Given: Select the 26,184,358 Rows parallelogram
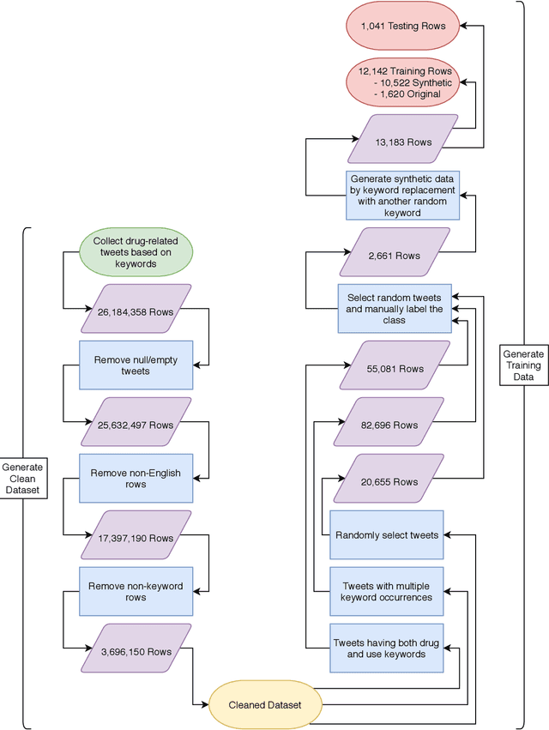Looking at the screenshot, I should [x=136, y=312].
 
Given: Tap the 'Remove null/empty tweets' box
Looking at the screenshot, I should [x=136, y=365].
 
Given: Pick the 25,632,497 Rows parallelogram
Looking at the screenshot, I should [x=136, y=425].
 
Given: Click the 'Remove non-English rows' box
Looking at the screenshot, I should [x=136, y=478].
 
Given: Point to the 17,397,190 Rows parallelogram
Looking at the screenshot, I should [x=136, y=538].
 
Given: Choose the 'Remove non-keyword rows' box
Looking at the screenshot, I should [x=136, y=591].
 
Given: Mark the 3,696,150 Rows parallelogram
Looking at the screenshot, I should [x=136, y=651].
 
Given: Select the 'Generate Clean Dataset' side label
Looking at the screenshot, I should [x=21, y=479].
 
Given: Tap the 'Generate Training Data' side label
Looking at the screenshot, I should [x=523, y=365].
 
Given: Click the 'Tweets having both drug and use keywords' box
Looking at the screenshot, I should [x=387, y=648].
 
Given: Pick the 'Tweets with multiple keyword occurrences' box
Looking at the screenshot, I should [x=387, y=591].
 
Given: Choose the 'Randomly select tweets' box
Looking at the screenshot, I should [x=387, y=534].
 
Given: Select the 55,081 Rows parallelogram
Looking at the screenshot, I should [x=395, y=369].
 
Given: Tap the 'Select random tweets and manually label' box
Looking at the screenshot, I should [x=395, y=309].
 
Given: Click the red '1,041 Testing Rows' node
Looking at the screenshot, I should [x=403, y=26].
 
